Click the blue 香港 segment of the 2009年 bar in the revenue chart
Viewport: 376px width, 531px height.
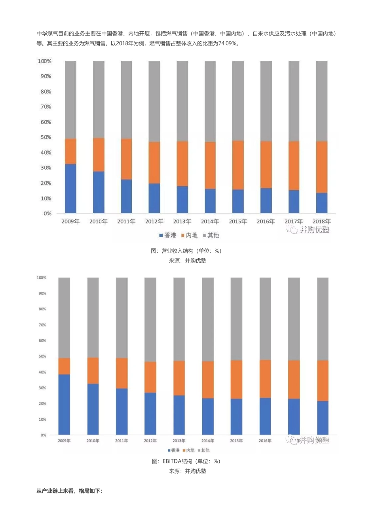[x=70, y=189]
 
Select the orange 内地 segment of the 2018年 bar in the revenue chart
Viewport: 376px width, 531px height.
[x=322, y=167]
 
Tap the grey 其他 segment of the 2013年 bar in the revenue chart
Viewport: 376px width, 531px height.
[x=182, y=101]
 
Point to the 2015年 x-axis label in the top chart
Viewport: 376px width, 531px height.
[x=238, y=221]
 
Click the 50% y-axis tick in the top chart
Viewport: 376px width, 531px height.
[x=46, y=137]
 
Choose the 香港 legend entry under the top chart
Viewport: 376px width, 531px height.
[x=168, y=235]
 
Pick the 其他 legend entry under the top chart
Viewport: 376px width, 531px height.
[x=211, y=235]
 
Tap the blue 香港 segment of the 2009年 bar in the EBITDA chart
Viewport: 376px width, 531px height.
[x=64, y=404]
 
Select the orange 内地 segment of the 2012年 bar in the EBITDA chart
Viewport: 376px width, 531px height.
[x=150, y=377]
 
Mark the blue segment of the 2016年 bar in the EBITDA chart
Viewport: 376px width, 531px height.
[x=265, y=416]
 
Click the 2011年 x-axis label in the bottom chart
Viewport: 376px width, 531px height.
[x=122, y=440]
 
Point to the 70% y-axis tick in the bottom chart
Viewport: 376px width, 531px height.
[x=42, y=325]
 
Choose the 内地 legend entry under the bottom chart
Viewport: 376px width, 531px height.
[x=189, y=450]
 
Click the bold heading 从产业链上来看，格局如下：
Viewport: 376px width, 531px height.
[x=70, y=491]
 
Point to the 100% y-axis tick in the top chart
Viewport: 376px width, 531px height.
[x=45, y=61]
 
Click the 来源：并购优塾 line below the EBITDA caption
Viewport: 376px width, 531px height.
[x=188, y=471]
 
